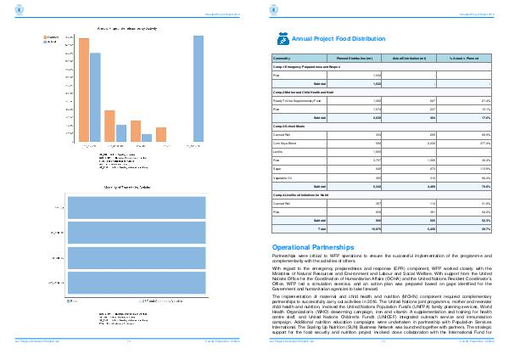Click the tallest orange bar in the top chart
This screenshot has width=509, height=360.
click(84, 89)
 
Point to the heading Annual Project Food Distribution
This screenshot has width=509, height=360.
click(332, 39)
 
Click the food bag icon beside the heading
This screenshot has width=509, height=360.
click(283, 38)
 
